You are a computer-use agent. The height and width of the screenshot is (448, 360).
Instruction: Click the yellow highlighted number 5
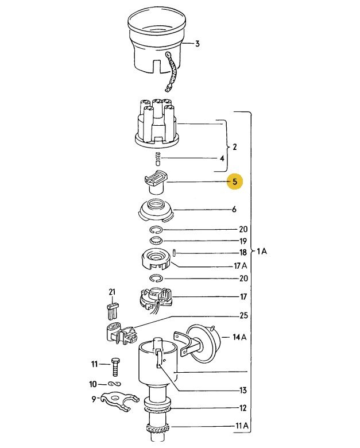(235, 181)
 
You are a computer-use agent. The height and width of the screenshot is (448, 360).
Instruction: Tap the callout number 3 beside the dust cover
(197, 44)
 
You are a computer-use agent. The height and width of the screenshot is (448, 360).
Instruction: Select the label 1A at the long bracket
(261, 251)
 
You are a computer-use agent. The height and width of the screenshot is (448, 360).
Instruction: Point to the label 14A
(239, 337)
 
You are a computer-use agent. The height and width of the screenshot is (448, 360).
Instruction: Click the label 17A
(240, 266)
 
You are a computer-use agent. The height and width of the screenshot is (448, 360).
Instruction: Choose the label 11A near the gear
(242, 426)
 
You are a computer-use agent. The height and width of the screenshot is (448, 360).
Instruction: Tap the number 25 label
(243, 315)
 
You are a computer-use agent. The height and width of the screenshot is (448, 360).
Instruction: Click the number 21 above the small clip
(112, 292)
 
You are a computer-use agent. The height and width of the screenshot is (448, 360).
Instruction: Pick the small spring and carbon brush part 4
(158, 159)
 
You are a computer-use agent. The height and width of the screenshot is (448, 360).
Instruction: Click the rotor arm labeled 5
(155, 182)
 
